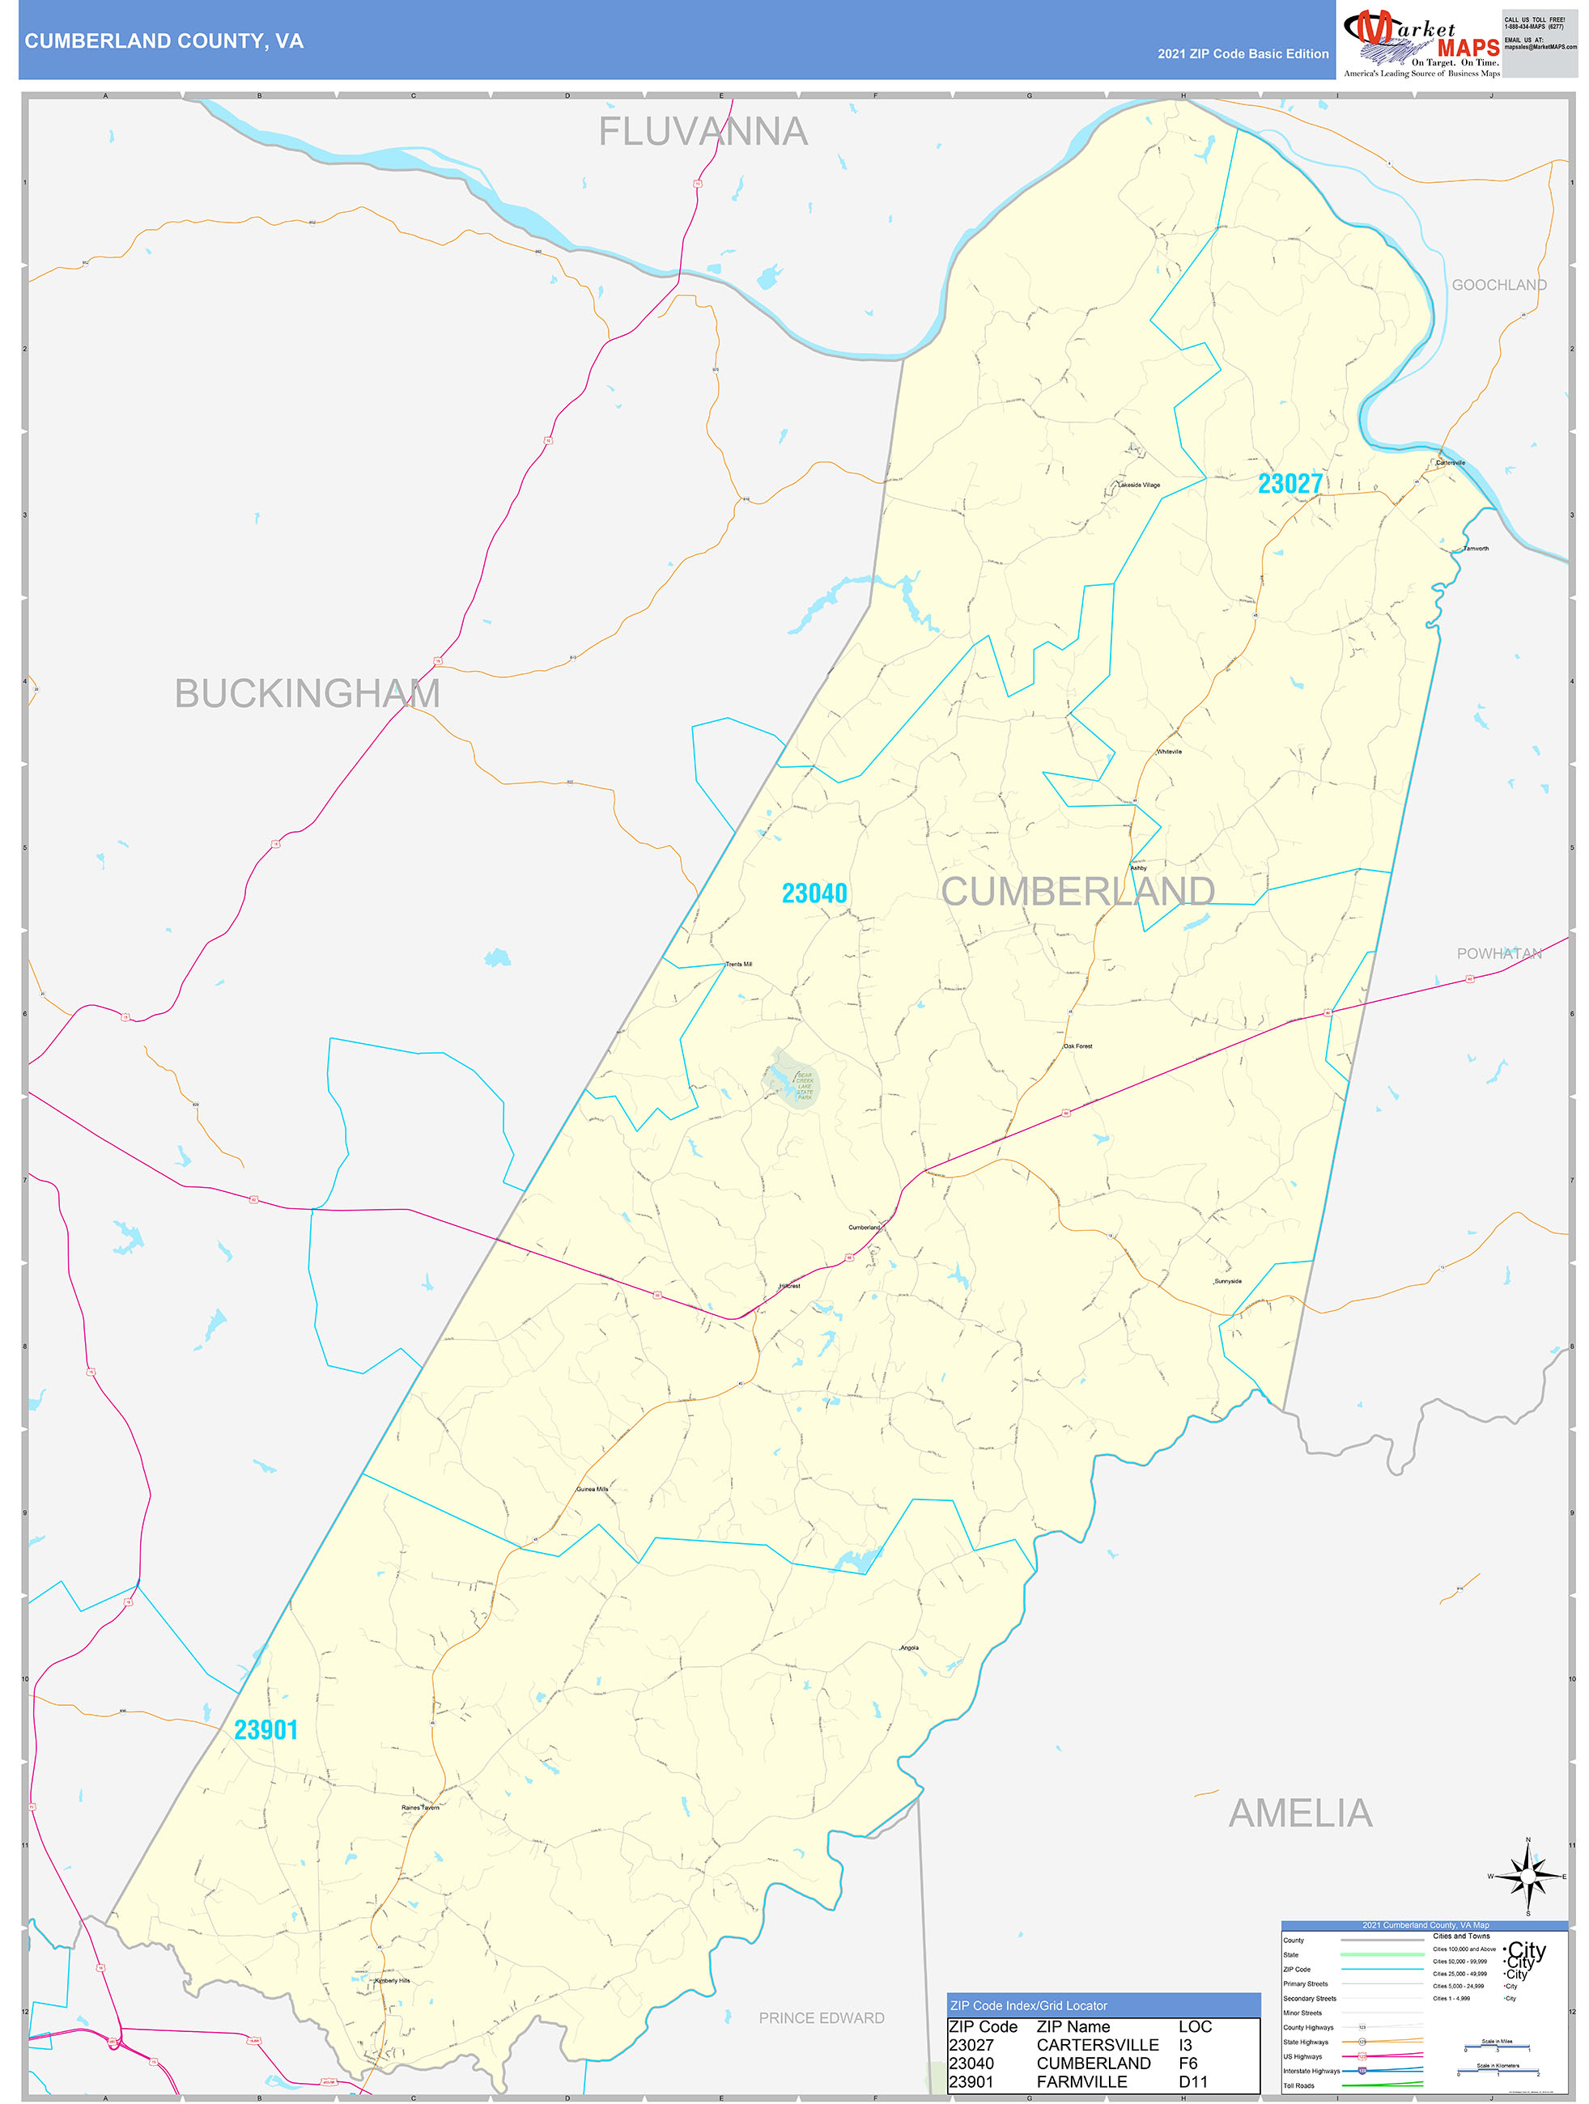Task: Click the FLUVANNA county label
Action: (703, 131)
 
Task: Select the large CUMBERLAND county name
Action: (1077, 891)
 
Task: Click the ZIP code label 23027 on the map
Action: (1289, 483)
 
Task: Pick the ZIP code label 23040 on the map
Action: (814, 893)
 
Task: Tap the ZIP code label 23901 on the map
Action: (266, 1729)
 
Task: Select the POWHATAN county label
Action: (1498, 953)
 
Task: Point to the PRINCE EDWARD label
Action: (821, 2017)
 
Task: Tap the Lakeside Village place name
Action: (1138, 485)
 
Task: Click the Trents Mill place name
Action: (738, 964)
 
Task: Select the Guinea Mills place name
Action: (592, 1489)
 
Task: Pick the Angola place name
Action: (909, 1647)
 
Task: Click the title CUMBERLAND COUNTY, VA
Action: (164, 41)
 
